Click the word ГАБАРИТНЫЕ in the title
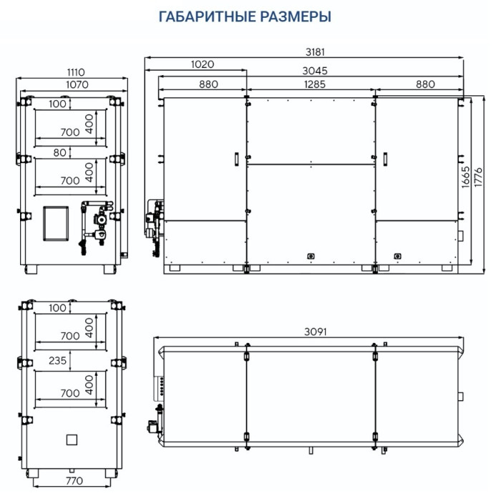click(207, 16)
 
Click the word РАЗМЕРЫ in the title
click(296, 16)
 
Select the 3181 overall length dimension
click(315, 52)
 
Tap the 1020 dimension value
click(203, 64)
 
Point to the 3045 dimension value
click(315, 71)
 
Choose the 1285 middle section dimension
click(315, 84)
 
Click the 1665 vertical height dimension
click(465, 177)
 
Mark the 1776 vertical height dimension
click(478, 177)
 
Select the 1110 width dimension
click(76, 72)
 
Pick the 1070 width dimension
click(77, 84)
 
